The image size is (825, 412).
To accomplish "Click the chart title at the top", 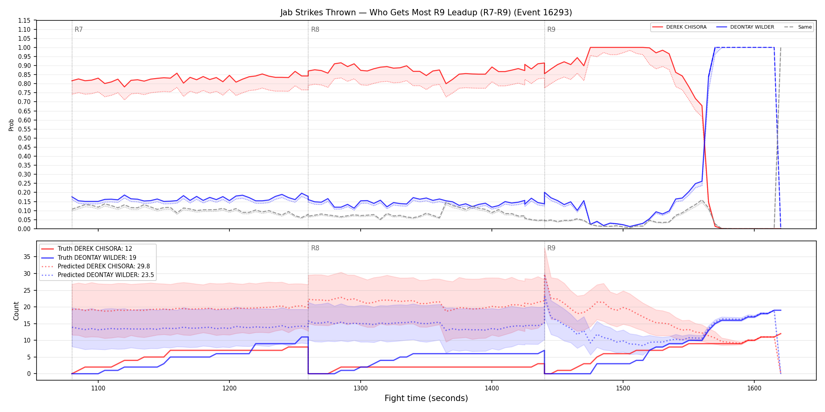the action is coord(426,13).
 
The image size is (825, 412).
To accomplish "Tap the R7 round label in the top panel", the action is coord(79,29).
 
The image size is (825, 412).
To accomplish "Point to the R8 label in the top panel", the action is coord(315,29).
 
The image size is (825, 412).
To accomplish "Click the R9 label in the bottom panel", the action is coord(551,248).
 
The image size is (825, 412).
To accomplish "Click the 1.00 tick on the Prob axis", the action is coord(24,47).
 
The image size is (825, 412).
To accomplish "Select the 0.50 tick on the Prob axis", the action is coord(24,138).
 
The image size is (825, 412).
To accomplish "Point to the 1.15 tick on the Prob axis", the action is coord(24,20).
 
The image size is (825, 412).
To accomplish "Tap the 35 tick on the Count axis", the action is coord(27,257).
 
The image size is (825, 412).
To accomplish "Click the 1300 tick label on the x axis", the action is coord(361,388).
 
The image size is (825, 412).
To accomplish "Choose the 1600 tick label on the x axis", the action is coord(754,388).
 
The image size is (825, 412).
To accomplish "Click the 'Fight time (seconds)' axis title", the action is coord(426,398).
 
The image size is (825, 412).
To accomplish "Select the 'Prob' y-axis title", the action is coord(11,125).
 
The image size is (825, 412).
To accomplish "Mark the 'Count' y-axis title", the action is coord(16,311).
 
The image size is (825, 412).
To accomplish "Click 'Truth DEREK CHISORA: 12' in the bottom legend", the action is coord(95,249).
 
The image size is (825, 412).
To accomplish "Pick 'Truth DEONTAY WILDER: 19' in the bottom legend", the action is coord(97,258).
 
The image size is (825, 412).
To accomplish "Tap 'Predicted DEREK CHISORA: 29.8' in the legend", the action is coord(104,266).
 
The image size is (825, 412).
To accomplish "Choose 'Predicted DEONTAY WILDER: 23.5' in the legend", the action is coord(106,275).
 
